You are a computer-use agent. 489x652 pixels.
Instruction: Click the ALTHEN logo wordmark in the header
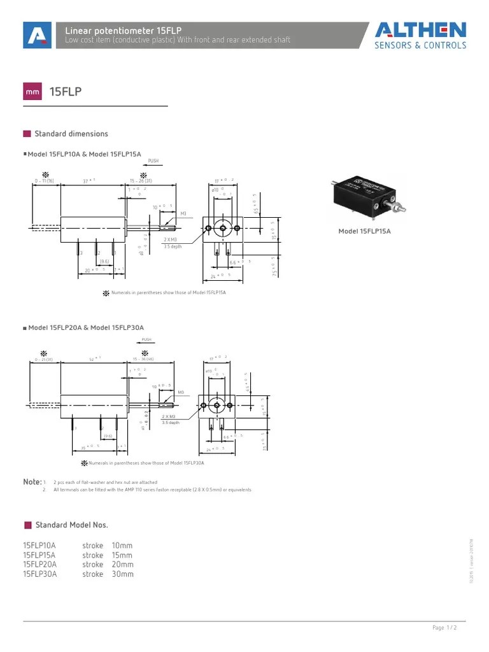click(420, 30)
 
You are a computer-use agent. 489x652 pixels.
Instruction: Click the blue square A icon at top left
click(37, 35)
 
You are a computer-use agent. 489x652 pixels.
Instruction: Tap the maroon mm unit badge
click(32, 92)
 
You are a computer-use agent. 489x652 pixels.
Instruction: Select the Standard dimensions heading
click(71, 134)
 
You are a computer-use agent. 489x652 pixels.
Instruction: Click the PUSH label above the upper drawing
click(153, 161)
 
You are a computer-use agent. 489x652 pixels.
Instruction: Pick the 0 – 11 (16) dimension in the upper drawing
click(45, 181)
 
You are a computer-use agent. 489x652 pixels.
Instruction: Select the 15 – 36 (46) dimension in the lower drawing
click(143, 359)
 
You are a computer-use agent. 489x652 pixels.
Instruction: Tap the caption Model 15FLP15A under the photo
click(364, 231)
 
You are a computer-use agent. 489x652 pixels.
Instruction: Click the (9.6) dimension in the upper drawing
click(104, 261)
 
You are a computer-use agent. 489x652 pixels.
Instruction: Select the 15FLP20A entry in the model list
click(39, 564)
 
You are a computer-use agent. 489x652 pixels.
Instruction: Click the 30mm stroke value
click(122, 574)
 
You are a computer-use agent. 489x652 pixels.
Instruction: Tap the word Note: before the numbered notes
click(32, 482)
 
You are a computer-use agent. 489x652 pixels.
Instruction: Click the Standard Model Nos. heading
click(71, 525)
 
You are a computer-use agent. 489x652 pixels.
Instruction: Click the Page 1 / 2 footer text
click(444, 628)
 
